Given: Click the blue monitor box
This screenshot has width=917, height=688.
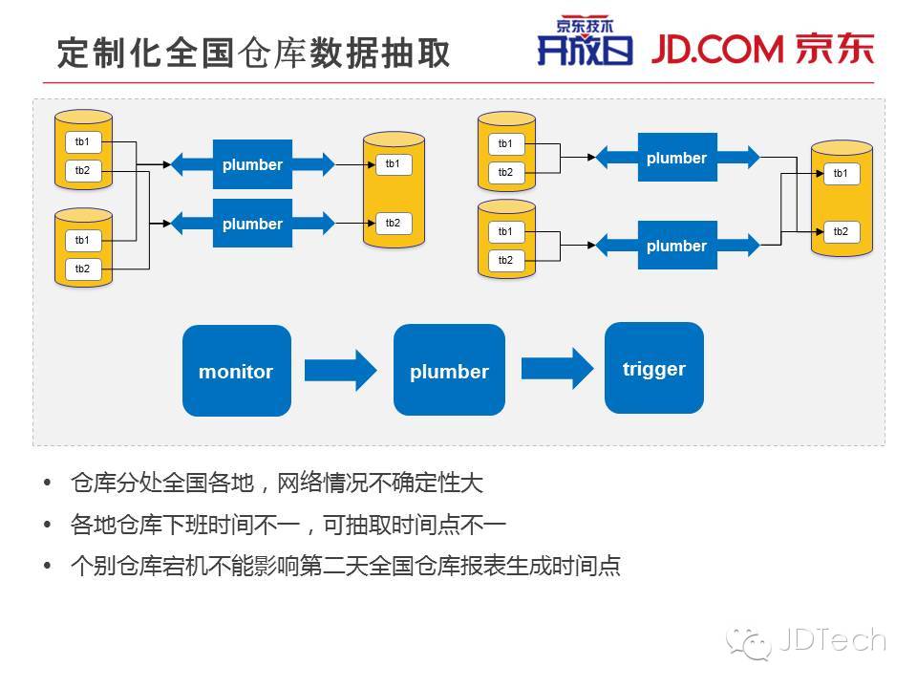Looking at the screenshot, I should tap(236, 371).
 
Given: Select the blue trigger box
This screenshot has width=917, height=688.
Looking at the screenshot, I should tap(654, 368).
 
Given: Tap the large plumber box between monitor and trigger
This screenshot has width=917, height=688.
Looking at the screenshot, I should tap(449, 371).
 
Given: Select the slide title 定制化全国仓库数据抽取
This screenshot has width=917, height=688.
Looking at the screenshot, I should tap(253, 54).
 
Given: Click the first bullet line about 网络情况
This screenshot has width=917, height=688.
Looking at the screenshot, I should tap(277, 483).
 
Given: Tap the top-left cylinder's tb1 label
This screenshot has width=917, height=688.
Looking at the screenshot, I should tap(83, 142).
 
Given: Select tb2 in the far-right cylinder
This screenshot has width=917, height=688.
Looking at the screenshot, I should tap(841, 231).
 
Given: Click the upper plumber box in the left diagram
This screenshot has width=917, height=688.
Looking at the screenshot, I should tap(252, 164).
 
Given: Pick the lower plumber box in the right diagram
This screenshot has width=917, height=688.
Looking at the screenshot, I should tap(676, 246).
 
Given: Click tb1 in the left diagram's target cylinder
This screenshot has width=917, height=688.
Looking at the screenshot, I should tap(393, 164).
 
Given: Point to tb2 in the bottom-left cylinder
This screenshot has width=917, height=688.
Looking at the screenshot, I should tap(83, 269).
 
